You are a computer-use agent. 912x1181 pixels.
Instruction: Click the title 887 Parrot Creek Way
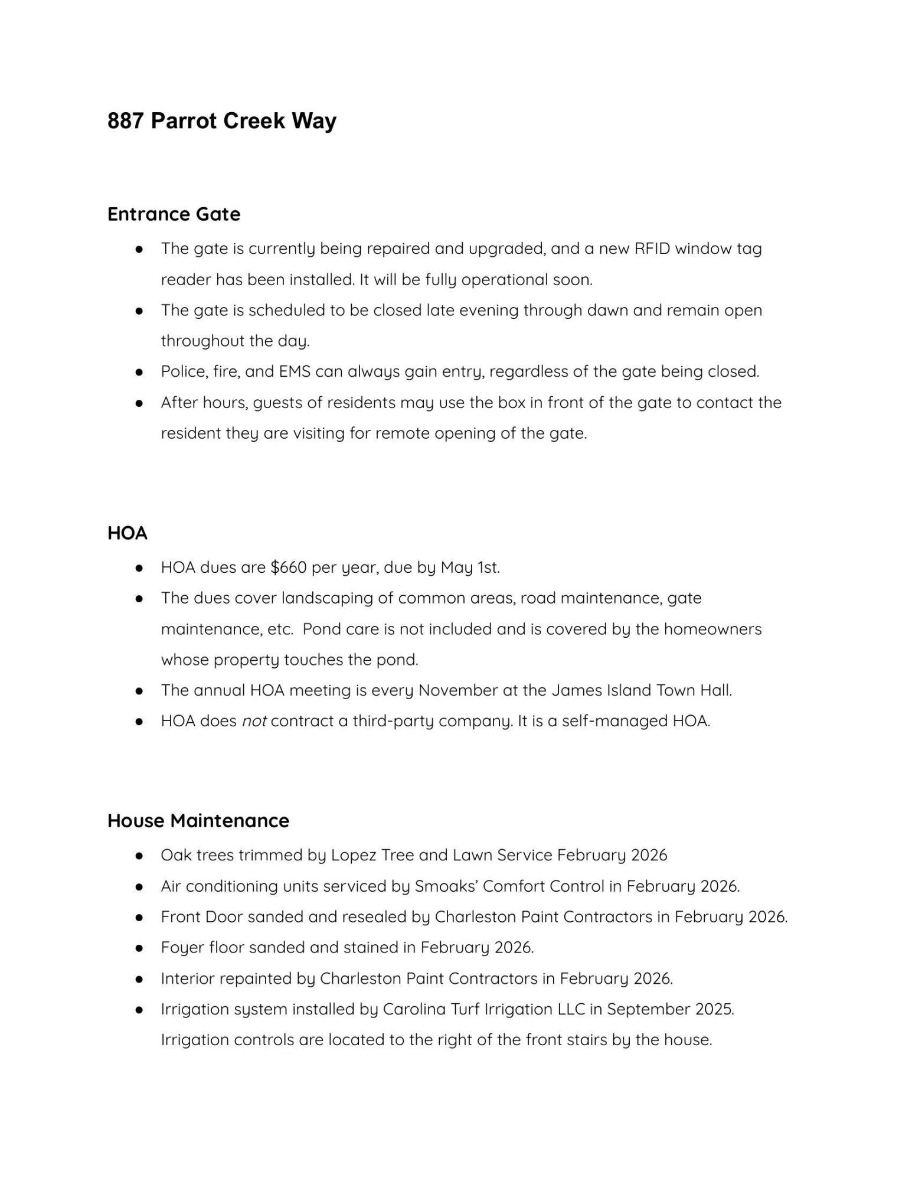(221, 120)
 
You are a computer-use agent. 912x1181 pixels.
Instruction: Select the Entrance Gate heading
(174, 214)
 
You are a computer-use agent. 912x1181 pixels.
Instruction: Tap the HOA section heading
(127, 533)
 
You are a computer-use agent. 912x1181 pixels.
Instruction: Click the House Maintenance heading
(198, 820)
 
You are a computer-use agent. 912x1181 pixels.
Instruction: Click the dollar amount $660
(288, 567)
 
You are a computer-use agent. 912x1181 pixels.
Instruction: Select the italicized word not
(254, 721)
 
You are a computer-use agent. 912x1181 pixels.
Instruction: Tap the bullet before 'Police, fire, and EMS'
(139, 372)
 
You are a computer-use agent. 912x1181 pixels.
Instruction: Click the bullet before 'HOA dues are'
(139, 568)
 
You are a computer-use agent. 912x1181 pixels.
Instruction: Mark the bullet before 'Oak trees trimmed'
(139, 856)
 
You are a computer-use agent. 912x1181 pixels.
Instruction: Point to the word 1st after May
(488, 567)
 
